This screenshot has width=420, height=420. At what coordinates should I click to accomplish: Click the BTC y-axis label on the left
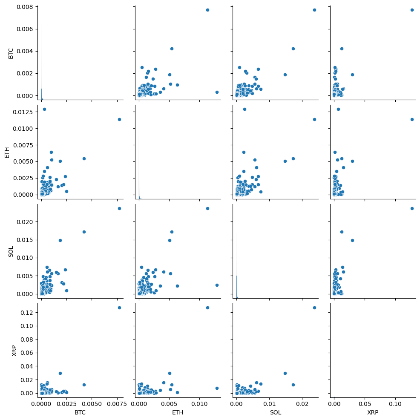[x=11, y=53]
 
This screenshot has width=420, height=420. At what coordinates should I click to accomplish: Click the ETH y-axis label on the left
[x=7, y=151]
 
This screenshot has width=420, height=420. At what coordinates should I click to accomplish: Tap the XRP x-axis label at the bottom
[x=372, y=413]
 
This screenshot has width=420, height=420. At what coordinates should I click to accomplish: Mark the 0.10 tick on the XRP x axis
[x=395, y=403]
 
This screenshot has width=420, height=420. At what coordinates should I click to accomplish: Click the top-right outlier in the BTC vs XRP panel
[x=412, y=10]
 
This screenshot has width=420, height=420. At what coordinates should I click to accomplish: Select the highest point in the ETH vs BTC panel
[x=44, y=109]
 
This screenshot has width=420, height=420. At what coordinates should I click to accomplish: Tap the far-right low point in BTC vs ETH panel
[x=217, y=92]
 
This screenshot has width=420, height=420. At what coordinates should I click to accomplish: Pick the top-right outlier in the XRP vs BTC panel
[x=119, y=308]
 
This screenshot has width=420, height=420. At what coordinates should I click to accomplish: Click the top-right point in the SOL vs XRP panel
[x=412, y=208]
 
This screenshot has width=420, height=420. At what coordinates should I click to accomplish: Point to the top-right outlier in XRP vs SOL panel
[x=314, y=308]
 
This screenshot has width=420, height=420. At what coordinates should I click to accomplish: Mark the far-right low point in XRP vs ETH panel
[x=217, y=388]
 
